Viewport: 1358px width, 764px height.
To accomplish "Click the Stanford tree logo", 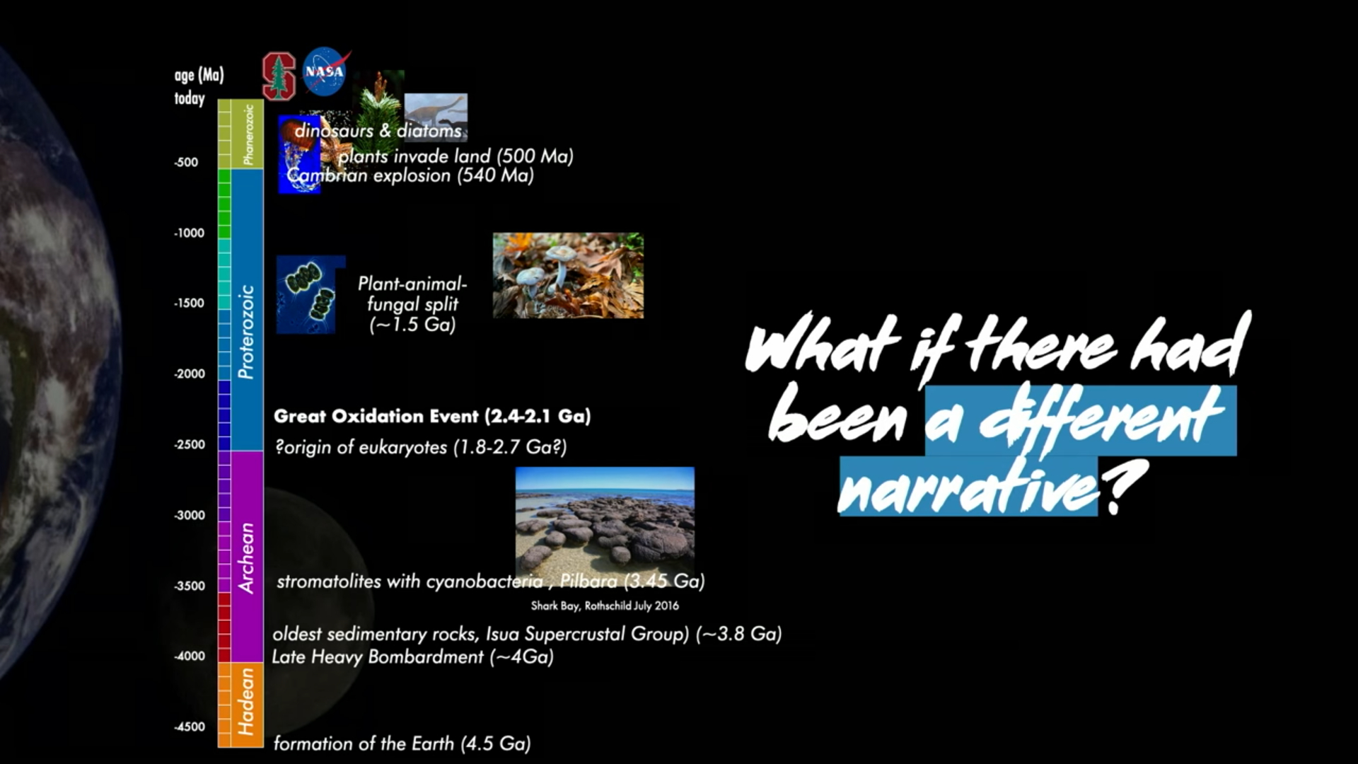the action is pyautogui.click(x=278, y=76).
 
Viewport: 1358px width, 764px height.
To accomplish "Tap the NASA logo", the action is pyautogui.click(x=325, y=71).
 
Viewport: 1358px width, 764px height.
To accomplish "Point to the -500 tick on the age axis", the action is pyautogui.click(x=187, y=162).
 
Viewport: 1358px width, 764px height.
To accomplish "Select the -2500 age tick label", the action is pyautogui.click(x=189, y=444).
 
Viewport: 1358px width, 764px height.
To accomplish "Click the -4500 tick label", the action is pyautogui.click(x=189, y=727).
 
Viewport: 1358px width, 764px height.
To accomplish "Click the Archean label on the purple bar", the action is pyautogui.click(x=246, y=557).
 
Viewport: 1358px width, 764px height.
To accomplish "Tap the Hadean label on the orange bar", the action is pyautogui.click(x=246, y=702).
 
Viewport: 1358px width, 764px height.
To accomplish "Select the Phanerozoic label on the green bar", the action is pyautogui.click(x=248, y=134).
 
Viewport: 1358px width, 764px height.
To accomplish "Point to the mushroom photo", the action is pyautogui.click(x=568, y=275).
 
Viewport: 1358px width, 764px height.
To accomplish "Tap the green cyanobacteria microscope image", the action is pyautogui.click(x=310, y=294).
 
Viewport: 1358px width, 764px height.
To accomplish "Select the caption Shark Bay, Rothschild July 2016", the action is pyautogui.click(x=605, y=606).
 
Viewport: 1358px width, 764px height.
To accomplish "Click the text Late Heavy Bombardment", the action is pyautogui.click(x=378, y=656).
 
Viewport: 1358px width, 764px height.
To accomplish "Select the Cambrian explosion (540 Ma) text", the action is pyautogui.click(x=410, y=175).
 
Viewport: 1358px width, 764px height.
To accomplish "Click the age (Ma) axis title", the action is pyautogui.click(x=199, y=75).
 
